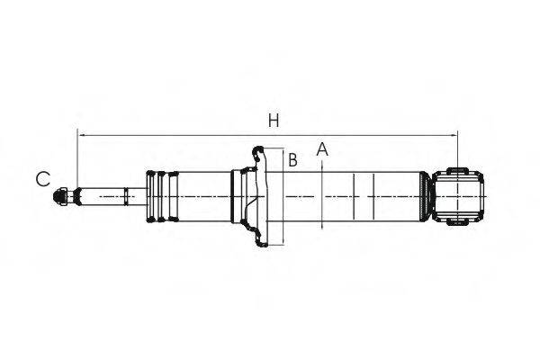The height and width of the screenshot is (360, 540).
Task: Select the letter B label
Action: pos(292,161)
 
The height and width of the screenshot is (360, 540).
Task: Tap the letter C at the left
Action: pos(42,179)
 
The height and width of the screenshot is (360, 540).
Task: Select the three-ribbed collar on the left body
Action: pos(160,196)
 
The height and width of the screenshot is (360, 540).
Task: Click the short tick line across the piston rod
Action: pos(125,196)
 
